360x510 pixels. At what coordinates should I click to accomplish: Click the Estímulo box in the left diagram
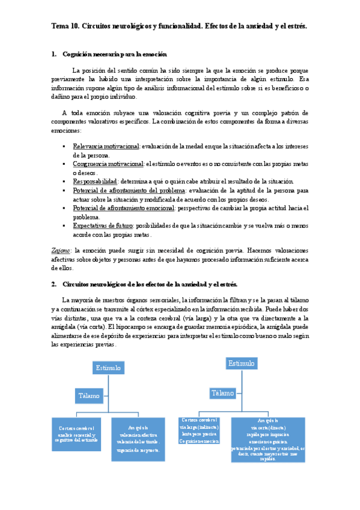click(108, 367)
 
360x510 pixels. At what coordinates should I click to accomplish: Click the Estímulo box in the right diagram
click(240, 363)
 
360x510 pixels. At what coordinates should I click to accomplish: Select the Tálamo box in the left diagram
click(90, 395)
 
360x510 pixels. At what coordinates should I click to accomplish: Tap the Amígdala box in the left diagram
click(138, 436)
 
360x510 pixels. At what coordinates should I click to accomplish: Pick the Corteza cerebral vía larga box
click(199, 431)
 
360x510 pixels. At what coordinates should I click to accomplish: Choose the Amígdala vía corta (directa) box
click(268, 439)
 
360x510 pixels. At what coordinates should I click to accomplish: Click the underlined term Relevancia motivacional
click(106, 146)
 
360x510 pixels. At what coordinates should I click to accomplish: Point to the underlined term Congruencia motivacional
click(108, 164)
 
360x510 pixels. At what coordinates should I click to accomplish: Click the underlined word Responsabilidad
click(94, 181)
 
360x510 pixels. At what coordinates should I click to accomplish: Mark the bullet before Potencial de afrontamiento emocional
click(64, 207)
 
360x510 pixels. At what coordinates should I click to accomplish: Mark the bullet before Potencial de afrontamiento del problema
click(64, 190)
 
